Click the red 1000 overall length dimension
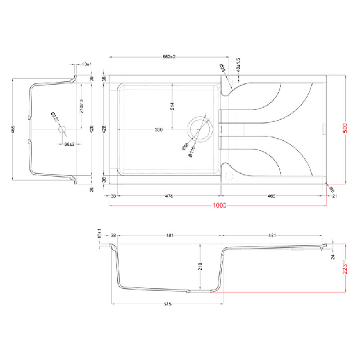pos(219,207)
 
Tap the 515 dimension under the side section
pos(166,303)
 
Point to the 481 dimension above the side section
pos(170,235)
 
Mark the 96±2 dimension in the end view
pos(70,145)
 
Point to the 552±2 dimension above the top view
pos(168,57)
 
